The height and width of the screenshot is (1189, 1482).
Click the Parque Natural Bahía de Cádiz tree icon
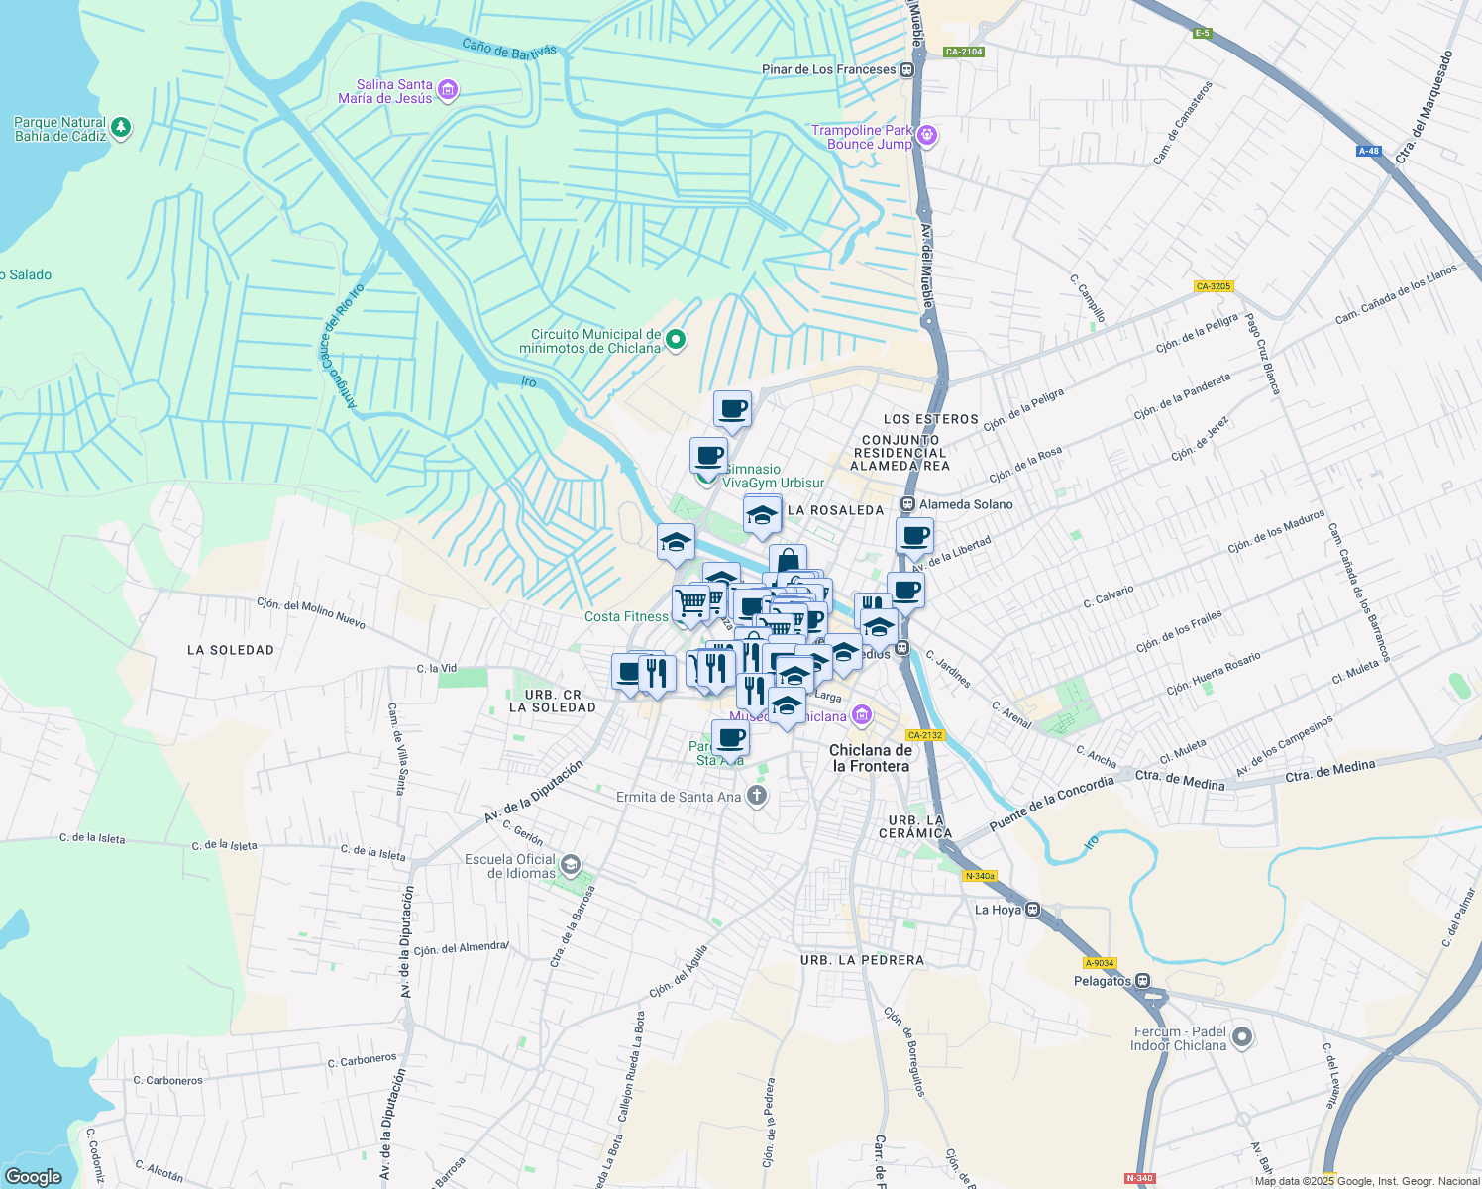point(121,128)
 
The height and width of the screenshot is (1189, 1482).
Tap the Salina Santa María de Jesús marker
point(447,91)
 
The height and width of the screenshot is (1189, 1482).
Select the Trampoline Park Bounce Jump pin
point(927,135)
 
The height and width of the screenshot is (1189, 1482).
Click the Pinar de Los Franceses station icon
point(906,69)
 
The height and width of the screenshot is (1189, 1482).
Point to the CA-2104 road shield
point(963,52)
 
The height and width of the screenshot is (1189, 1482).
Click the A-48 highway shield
point(1368,151)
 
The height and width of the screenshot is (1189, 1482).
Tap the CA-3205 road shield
point(1213,286)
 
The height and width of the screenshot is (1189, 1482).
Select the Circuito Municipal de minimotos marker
point(676,340)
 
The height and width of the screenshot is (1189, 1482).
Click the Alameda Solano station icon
point(907,504)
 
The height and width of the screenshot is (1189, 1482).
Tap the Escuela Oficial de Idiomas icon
point(570,865)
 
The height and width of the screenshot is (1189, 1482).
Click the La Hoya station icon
point(1033,909)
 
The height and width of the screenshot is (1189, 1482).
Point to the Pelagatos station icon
point(1142,981)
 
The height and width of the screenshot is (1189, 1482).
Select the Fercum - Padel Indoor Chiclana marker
point(1241,1037)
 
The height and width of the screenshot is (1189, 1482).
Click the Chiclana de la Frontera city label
point(870,758)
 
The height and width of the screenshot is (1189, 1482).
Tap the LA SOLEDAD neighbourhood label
point(230,650)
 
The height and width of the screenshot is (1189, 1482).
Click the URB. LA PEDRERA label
point(862,960)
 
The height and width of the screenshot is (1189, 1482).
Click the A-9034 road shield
point(1099,962)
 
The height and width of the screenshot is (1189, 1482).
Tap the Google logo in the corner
point(34,1176)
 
